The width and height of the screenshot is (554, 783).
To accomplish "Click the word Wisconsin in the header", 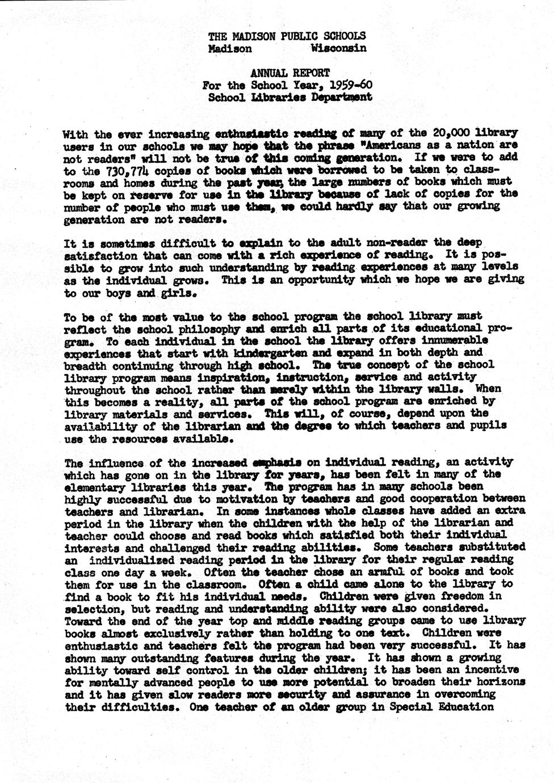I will click(x=339, y=48).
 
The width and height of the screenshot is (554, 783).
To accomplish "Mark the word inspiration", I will click(x=230, y=377).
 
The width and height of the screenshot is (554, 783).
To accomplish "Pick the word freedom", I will click(x=472, y=596).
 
